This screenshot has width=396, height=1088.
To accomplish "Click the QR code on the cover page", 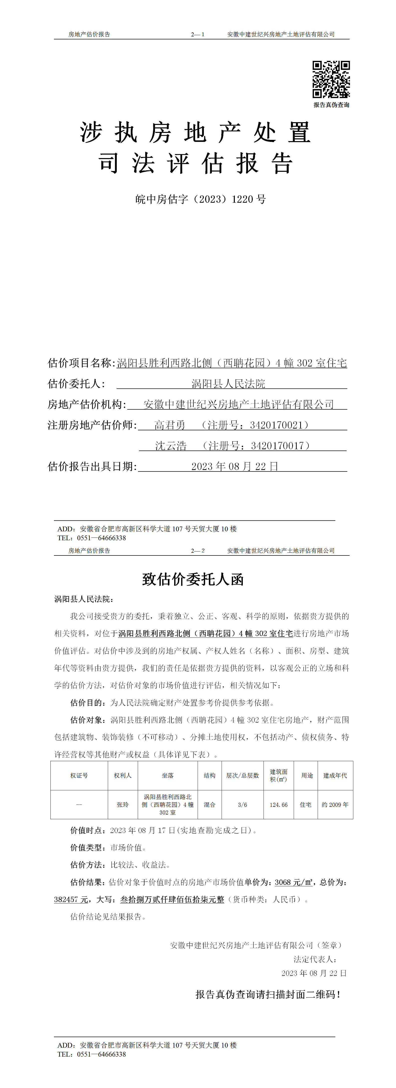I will point(331,79).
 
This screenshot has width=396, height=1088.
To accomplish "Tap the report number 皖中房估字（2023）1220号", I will point(200,199).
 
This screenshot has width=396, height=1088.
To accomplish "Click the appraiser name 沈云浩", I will point(171,446).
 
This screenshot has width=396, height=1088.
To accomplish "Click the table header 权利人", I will point(123,775).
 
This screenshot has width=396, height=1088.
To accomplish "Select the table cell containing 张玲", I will point(123,805).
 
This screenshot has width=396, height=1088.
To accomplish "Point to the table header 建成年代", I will point(335,775).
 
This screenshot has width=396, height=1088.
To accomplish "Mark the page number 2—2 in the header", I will point(198,551).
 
